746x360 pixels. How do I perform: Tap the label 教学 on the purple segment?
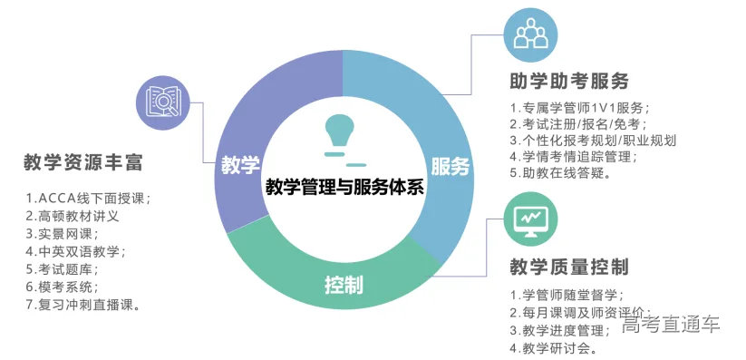click(239, 166)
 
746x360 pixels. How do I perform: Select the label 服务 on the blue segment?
click(450, 167)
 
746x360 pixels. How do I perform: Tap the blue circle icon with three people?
click(529, 33)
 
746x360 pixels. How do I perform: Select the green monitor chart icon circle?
click(530, 219)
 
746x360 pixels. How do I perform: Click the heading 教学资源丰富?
click(83, 164)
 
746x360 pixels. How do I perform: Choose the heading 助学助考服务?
click(570, 81)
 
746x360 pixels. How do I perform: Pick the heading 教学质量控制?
click(570, 268)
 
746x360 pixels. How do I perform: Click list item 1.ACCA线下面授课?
click(87, 198)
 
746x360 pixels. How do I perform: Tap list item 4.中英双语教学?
click(75, 251)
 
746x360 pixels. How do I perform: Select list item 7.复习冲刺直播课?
click(82, 305)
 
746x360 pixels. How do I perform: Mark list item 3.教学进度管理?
click(559, 330)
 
